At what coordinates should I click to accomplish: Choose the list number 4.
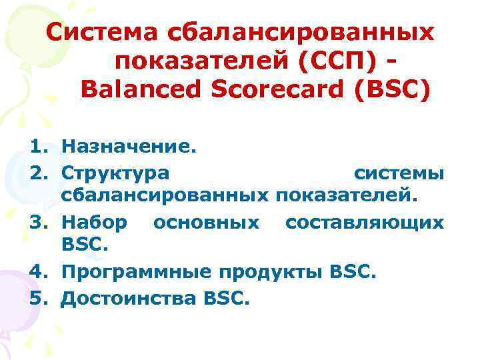39,271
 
